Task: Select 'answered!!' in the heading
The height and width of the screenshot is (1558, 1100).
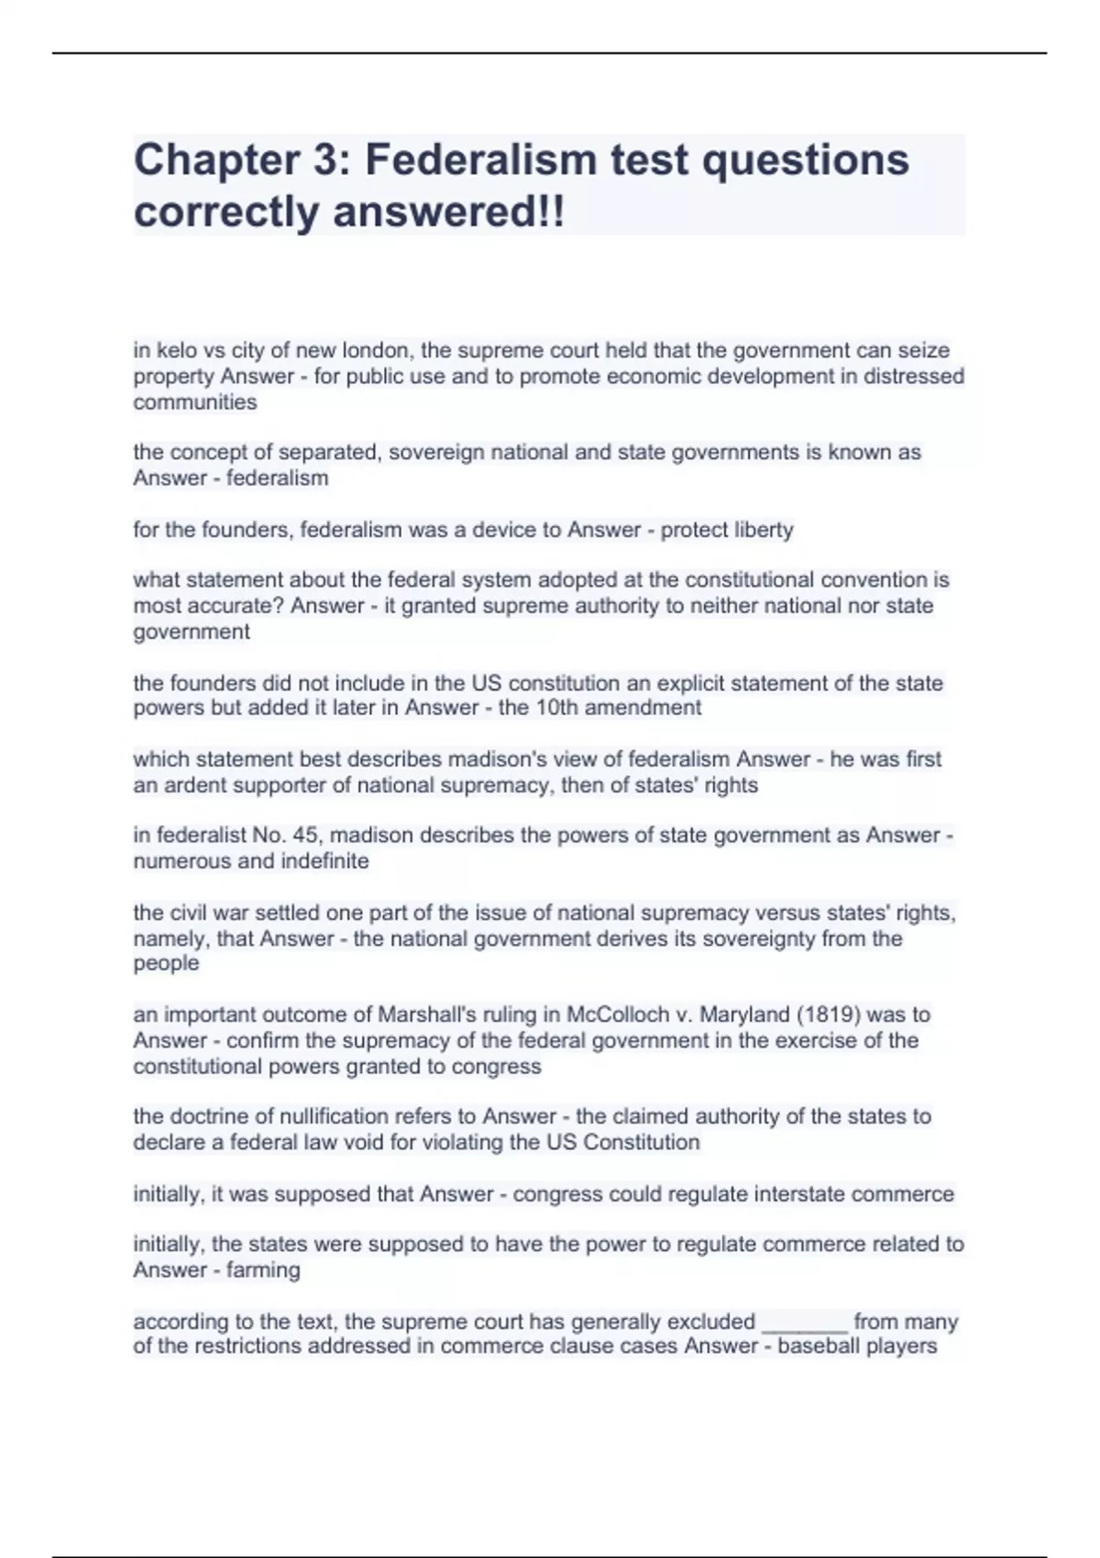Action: pos(449,213)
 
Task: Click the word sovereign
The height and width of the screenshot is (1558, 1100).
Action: pos(430,452)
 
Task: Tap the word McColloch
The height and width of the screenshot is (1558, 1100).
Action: pos(618,1015)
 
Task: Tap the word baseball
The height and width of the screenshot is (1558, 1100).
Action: pos(817,1346)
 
